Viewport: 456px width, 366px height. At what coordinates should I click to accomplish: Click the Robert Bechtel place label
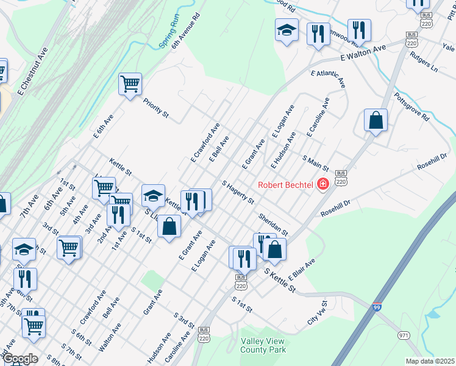pos(285,185)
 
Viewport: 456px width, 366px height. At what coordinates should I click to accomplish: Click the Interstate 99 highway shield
pos(378,307)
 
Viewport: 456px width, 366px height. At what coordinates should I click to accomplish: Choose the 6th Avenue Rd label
pos(186,32)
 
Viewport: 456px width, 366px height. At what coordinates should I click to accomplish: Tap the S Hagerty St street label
pos(238,192)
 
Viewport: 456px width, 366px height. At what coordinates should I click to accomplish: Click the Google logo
pos(20,359)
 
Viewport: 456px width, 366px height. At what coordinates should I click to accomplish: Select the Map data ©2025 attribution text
pos(430,361)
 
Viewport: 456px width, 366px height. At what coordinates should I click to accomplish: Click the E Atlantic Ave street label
pos(328,79)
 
